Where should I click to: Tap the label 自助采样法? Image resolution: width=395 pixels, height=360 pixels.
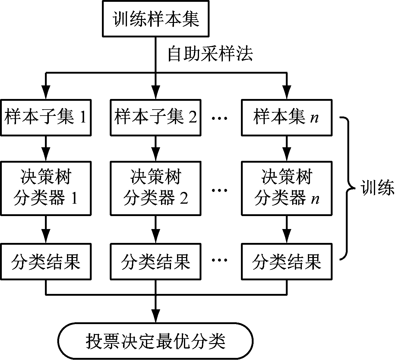(210, 54)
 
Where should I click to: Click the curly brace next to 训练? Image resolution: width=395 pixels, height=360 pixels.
(348, 188)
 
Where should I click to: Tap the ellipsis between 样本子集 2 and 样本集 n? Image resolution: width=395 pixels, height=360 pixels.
(219, 118)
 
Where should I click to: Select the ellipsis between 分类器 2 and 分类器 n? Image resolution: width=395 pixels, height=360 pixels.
(219, 190)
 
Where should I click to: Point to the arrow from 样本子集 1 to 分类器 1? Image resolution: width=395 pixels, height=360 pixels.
(46, 149)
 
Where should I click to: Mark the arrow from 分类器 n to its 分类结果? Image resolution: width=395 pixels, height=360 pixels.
(287, 229)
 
